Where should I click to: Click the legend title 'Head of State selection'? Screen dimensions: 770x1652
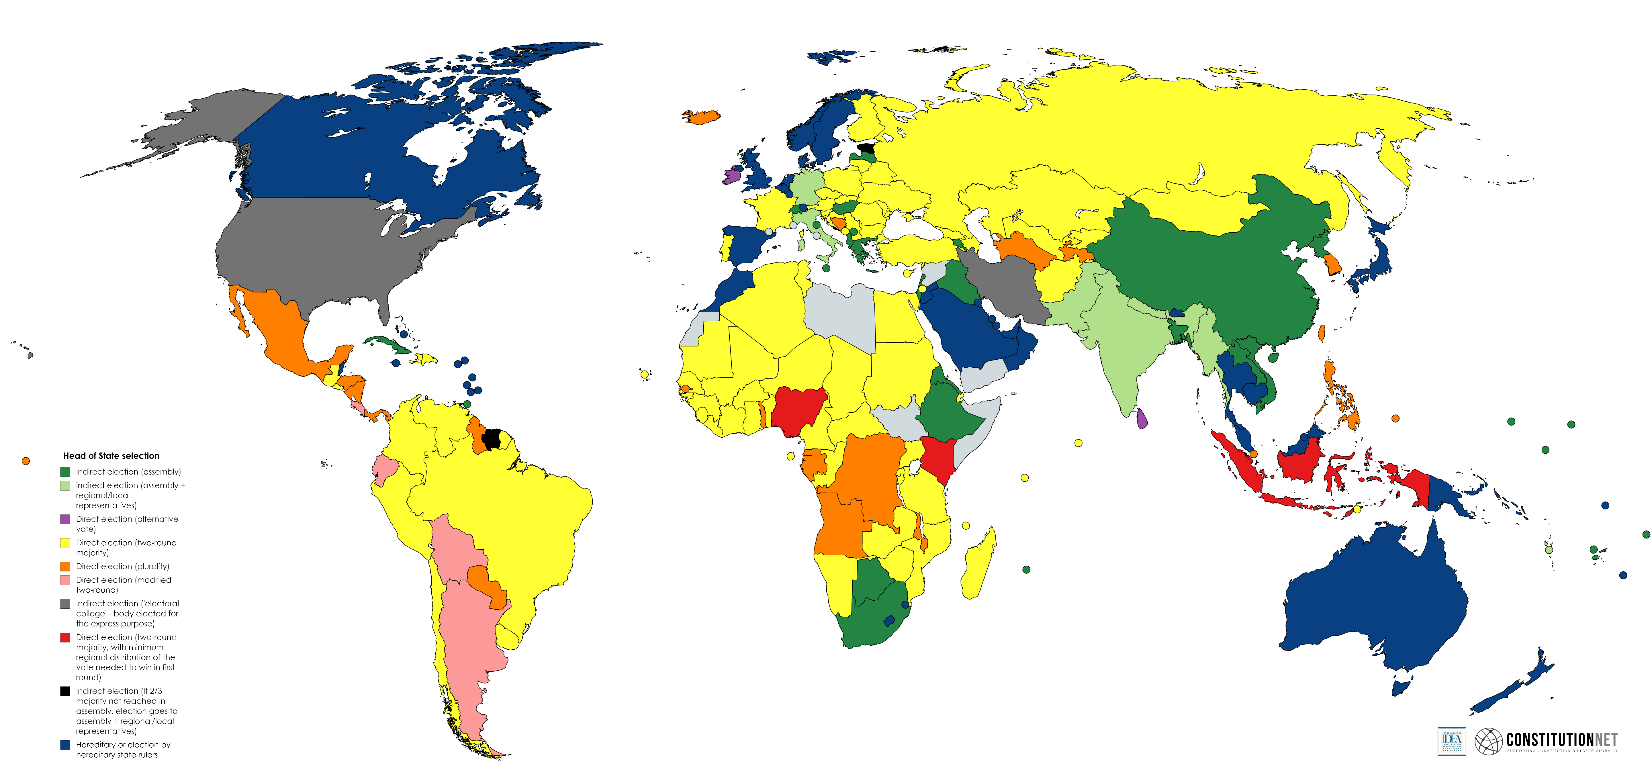point(111,456)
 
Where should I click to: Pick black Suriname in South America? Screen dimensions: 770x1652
point(491,439)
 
